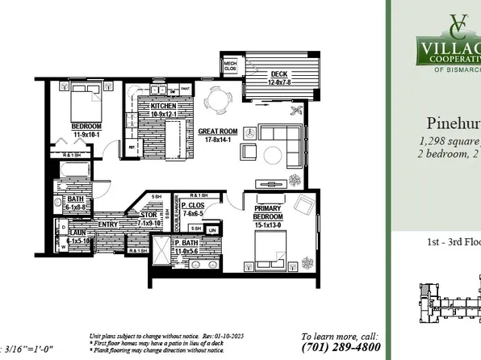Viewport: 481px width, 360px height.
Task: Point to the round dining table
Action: [x=218, y=101]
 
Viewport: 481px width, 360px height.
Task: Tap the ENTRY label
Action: [x=107, y=224]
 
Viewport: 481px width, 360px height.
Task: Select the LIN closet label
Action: [x=211, y=231]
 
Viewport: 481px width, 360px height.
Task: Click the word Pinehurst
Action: [x=452, y=123]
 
